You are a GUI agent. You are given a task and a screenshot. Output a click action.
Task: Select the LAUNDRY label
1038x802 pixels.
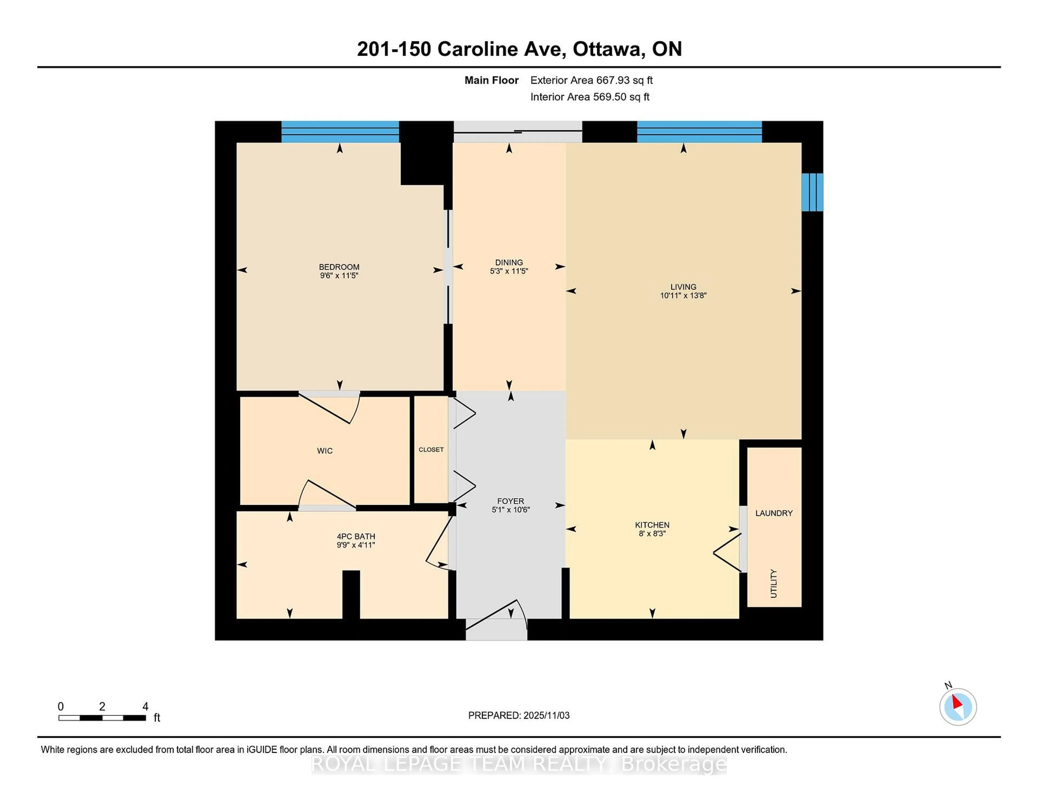[x=773, y=513]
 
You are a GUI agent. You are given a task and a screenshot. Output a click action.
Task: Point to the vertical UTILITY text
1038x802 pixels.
[x=773, y=583]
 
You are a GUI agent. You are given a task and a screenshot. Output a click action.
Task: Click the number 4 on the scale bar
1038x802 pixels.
[x=145, y=707]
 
